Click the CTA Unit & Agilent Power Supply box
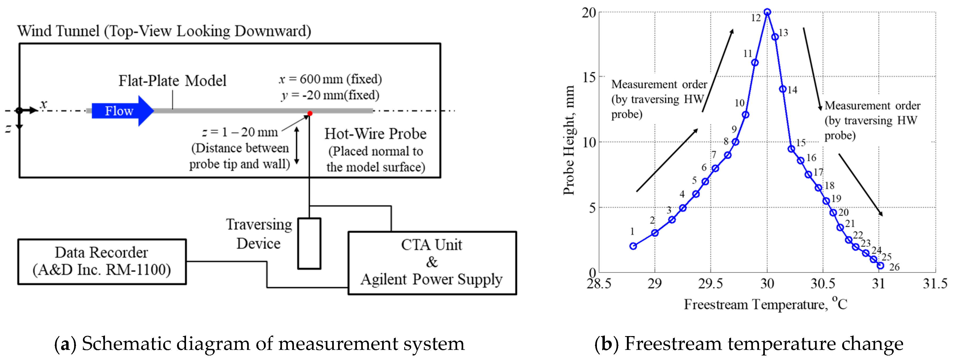(x=432, y=263)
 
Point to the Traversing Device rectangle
(x=309, y=243)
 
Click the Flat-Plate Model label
(x=172, y=81)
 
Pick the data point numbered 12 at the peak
(x=767, y=12)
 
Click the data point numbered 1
(x=633, y=246)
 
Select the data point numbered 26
(x=880, y=266)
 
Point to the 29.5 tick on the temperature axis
(x=710, y=283)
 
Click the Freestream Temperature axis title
(x=765, y=304)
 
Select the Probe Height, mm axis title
(x=569, y=141)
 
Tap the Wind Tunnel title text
(x=164, y=31)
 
